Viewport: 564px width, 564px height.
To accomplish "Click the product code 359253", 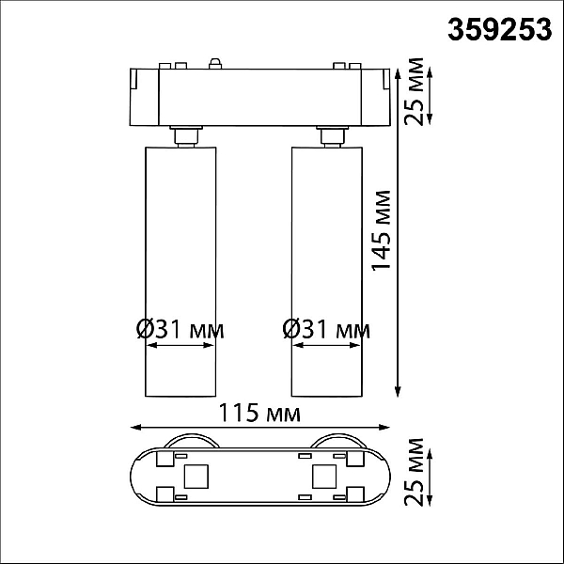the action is (x=499, y=29).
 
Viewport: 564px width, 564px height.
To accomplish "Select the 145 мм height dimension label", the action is (x=381, y=230).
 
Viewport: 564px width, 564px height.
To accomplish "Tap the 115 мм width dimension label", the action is (x=259, y=413).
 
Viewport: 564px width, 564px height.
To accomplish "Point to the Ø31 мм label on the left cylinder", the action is (x=180, y=329).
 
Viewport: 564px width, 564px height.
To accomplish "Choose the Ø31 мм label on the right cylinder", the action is (x=326, y=329).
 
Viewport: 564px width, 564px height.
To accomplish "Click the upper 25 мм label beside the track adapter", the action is (x=414, y=91).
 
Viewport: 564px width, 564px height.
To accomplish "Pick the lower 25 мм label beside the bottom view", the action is (x=414, y=472).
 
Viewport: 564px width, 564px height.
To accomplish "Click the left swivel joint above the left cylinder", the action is (x=185, y=136).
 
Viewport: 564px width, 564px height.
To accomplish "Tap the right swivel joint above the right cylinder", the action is (x=332, y=136).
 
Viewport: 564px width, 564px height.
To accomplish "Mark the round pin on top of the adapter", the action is (x=215, y=63).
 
